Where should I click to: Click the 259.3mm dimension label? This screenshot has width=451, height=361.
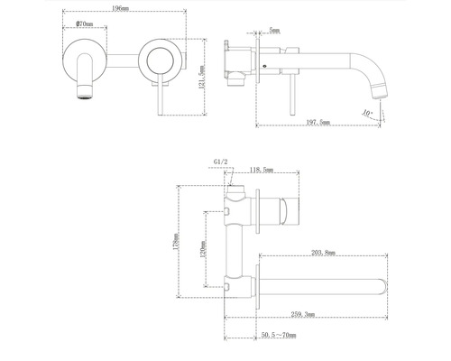(303, 314)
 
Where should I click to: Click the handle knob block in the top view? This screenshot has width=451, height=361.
(280, 216)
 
